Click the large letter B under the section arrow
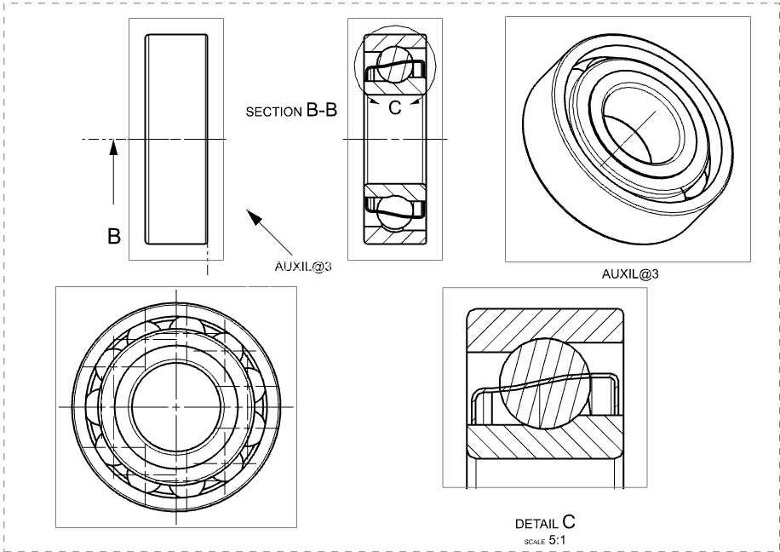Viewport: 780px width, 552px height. [x=114, y=236]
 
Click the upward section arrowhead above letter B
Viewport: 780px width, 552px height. [x=113, y=148]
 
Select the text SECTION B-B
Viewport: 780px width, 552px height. [x=291, y=111]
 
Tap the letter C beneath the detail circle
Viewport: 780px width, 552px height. [x=394, y=107]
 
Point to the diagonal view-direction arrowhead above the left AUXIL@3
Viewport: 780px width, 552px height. [x=255, y=217]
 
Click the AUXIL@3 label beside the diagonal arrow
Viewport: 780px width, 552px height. [x=303, y=267]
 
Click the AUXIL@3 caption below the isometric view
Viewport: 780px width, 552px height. [x=630, y=273]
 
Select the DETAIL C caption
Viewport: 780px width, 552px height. [x=545, y=522]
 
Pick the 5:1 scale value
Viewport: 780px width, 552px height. [x=557, y=540]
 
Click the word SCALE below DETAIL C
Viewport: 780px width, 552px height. [x=535, y=542]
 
